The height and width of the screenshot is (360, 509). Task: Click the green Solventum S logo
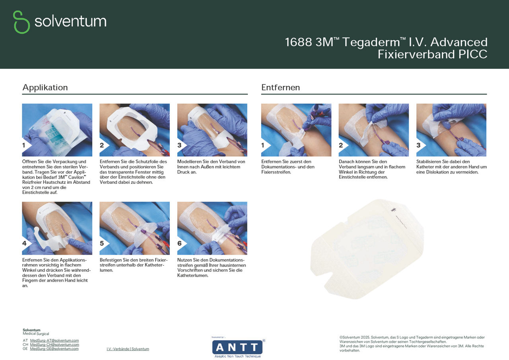click(x=21, y=22)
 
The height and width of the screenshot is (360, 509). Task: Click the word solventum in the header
click(x=70, y=21)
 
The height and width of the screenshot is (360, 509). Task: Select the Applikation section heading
click(x=45, y=88)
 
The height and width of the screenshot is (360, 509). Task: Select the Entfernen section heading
click(x=280, y=88)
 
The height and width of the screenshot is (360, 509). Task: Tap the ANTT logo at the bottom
click(x=237, y=347)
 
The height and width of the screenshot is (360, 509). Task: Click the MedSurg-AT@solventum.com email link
click(x=54, y=341)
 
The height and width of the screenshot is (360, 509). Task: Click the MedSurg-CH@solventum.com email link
click(x=54, y=344)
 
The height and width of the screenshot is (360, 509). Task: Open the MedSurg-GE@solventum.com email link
click(x=54, y=348)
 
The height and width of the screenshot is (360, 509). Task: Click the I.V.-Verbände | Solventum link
click(x=128, y=349)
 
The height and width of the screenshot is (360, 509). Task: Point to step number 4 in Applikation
click(x=24, y=243)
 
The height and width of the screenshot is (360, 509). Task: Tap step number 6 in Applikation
click(x=179, y=243)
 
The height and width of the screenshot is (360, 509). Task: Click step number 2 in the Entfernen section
click(x=341, y=145)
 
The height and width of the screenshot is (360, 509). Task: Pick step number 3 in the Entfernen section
click(x=418, y=145)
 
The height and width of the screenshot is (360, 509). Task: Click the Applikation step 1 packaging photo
click(x=57, y=130)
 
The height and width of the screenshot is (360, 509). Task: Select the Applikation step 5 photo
click(x=134, y=228)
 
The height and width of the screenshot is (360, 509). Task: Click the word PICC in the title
click(x=473, y=54)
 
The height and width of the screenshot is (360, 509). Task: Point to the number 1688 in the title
click(x=298, y=42)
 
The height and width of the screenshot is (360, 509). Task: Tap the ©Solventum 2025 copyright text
click(x=354, y=337)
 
